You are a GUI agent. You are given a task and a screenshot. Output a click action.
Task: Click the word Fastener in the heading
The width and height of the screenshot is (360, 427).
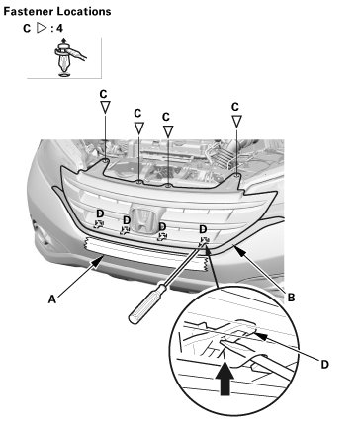[29, 11]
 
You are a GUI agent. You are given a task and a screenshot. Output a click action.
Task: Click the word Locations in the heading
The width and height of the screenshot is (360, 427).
[84, 11]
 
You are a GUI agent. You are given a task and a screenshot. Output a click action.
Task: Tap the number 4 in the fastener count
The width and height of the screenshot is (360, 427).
[59, 28]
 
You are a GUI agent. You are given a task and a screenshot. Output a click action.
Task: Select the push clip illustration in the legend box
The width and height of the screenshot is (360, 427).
[69, 57]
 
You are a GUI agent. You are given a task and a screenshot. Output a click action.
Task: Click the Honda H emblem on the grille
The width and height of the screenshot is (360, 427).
[144, 221]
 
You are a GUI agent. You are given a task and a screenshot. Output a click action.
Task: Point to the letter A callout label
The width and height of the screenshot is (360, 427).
[52, 299]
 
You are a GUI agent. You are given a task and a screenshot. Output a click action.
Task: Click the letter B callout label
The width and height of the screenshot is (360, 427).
[291, 298]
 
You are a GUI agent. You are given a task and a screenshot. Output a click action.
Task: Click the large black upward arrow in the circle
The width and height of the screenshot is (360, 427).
[225, 378]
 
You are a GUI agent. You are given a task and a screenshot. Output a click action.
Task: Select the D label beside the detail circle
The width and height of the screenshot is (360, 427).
[325, 365]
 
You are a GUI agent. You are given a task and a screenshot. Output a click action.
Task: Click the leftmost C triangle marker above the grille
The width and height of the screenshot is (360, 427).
[105, 107]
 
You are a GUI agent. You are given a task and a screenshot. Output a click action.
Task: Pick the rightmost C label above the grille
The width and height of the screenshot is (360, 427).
[235, 107]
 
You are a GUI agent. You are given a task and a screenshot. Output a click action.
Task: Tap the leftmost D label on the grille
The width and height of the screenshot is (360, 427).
[100, 213]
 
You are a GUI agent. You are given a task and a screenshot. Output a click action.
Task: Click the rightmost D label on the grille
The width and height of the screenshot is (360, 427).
[203, 229]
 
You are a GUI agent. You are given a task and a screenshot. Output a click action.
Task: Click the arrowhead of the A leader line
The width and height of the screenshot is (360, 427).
[98, 262]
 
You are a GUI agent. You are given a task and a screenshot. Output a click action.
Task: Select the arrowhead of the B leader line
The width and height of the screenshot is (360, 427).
[240, 252]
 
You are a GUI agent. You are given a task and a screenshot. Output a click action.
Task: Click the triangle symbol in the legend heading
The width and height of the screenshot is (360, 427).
[42, 28]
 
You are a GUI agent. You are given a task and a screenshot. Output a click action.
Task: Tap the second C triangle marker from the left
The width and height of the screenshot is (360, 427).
[138, 128]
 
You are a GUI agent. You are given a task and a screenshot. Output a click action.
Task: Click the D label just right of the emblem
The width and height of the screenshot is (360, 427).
[162, 226]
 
